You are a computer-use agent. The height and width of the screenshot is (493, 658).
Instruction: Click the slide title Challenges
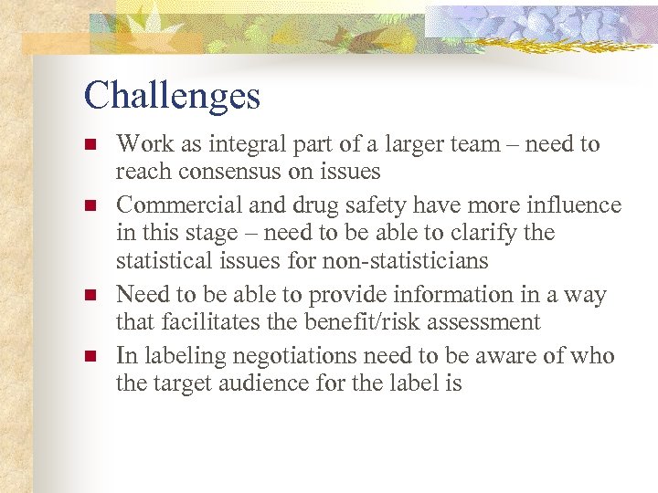(172, 96)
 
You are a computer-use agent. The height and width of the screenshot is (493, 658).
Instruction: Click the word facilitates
(219, 322)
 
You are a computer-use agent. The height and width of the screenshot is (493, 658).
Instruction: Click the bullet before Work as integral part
(89, 144)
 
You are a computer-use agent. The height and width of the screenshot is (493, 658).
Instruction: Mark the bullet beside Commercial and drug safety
(89, 205)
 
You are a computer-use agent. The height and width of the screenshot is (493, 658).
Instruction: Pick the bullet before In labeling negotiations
(89, 356)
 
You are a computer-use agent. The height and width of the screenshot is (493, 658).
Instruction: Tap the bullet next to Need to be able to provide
(89, 295)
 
